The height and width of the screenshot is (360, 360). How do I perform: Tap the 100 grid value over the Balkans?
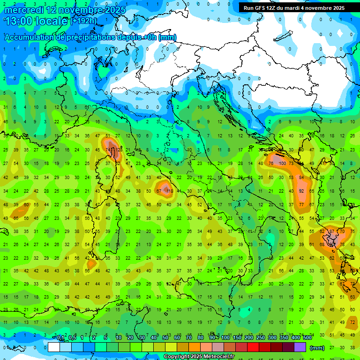coord(282,164)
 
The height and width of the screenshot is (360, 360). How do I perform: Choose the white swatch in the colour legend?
coord(54,347)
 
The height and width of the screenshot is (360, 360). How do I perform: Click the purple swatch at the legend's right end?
coord(300,347)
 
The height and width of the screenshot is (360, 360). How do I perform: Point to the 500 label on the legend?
coord(307,337)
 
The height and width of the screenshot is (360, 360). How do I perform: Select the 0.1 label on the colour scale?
coord(60,337)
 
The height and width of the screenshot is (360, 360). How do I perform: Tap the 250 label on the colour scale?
coord(260,337)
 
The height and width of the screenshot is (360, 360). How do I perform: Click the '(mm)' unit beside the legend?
coord(317,348)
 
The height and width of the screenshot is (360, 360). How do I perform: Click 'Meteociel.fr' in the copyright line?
coord(215,357)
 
